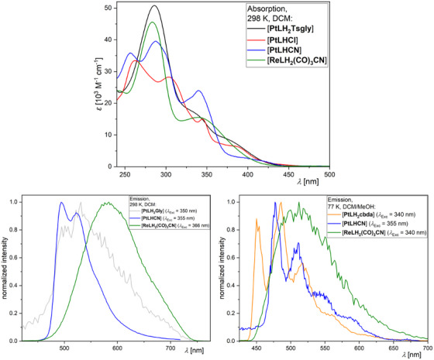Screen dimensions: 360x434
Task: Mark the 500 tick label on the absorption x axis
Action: point(329,174)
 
